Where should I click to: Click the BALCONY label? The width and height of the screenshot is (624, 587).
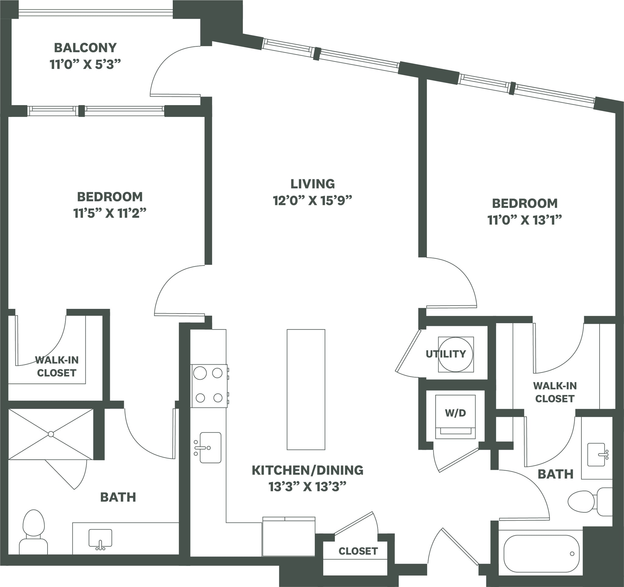85,48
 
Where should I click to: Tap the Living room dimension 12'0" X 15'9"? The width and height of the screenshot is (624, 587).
312,200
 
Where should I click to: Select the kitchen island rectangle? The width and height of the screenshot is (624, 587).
306,389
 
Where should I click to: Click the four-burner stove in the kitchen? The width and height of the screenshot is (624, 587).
209,386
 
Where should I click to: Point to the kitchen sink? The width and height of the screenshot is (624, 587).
210,448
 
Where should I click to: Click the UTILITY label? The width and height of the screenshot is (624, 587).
446,354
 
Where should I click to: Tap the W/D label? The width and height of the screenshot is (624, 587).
455,413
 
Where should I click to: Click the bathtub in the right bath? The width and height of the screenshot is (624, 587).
541,554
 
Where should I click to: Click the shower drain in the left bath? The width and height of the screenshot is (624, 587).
51,434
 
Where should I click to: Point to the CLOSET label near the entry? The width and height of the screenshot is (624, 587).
358,551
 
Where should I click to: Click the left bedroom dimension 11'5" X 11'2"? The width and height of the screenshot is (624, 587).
110,213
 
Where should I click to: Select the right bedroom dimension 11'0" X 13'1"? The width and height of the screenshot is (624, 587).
524,220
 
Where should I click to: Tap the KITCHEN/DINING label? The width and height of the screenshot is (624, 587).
307,470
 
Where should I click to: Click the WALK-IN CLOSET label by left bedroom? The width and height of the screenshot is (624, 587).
56,366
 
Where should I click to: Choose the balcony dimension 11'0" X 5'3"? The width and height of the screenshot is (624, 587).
85,64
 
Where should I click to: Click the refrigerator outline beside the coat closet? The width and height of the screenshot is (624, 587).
289,537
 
